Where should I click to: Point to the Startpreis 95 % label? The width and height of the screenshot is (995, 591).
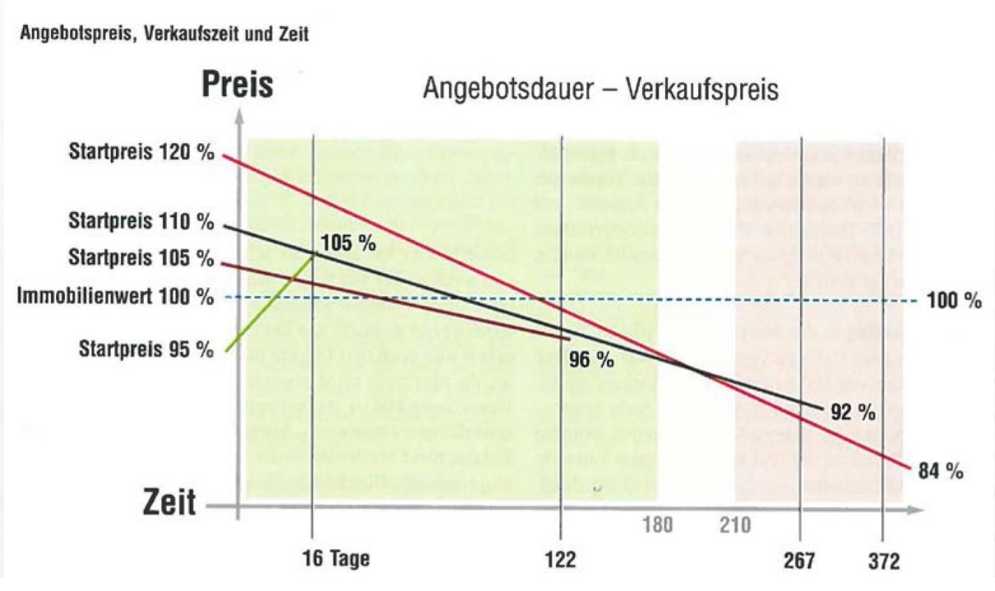click(146, 349)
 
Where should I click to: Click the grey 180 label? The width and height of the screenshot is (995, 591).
click(657, 525)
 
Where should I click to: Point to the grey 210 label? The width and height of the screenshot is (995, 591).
click(735, 525)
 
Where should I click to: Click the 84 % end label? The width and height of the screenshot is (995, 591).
click(941, 472)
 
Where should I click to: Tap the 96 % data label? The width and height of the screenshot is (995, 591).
click(592, 360)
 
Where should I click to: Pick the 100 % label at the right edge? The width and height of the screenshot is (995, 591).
click(956, 301)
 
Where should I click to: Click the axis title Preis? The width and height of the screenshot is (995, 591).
click(238, 86)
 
